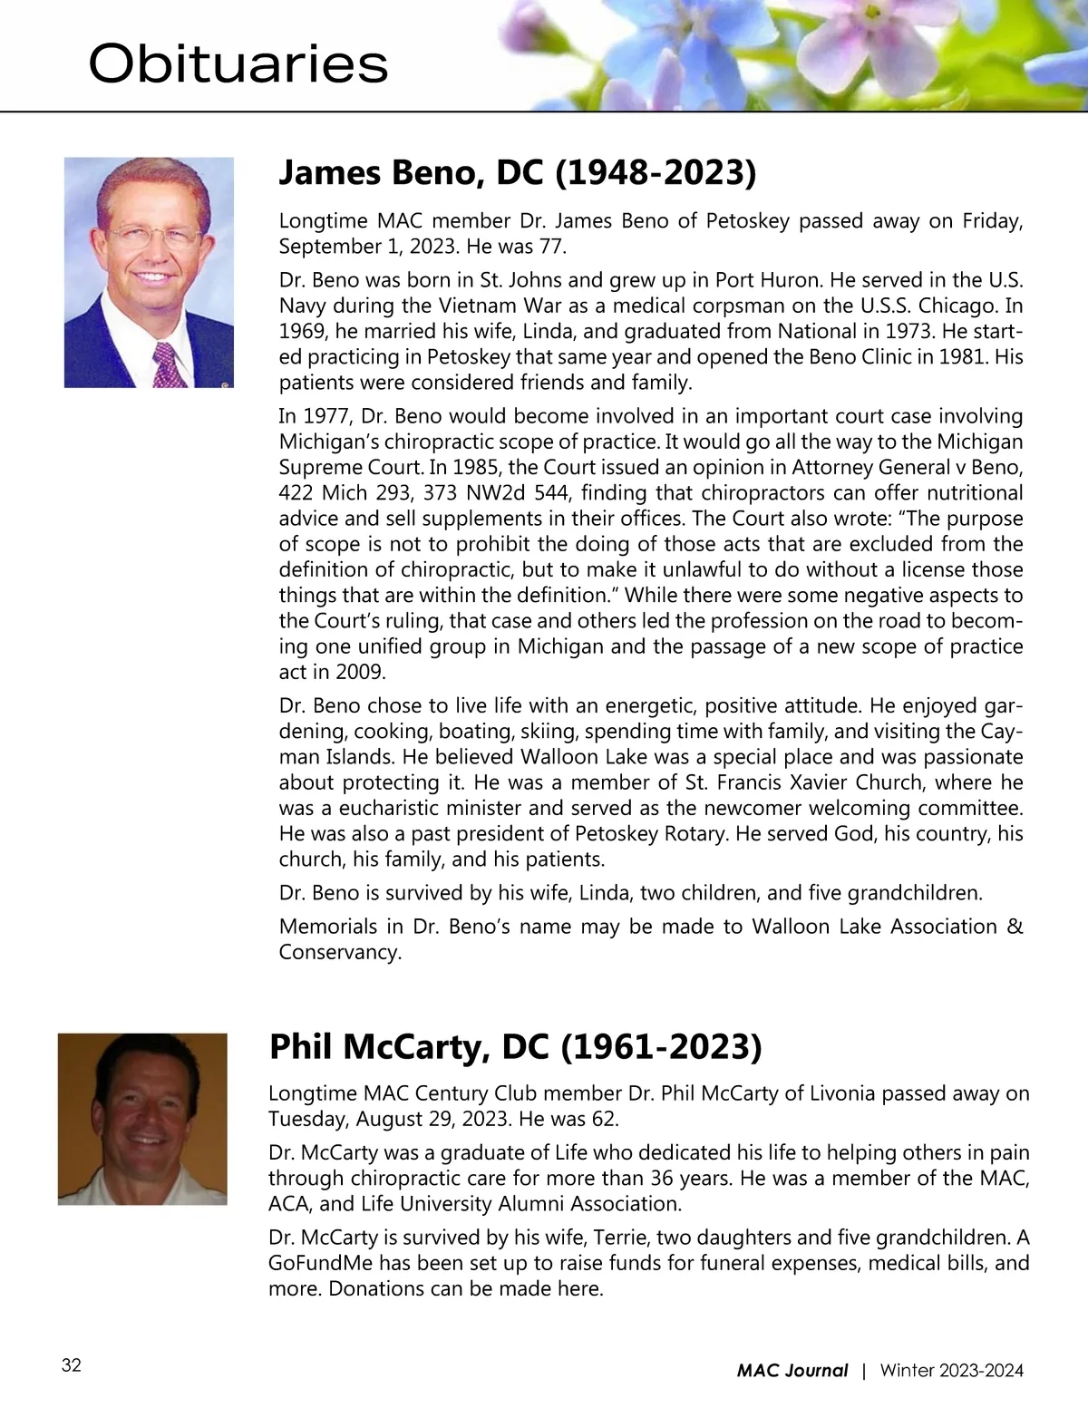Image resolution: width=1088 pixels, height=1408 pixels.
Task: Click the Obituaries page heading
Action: point(238,65)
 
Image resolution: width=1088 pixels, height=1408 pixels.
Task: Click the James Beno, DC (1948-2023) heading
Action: point(517,172)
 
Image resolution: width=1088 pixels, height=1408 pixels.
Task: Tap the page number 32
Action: point(72,1366)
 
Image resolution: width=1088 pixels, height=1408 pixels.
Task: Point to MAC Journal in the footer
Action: point(792,1371)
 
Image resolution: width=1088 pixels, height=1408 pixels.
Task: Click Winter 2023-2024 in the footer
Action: point(951,1371)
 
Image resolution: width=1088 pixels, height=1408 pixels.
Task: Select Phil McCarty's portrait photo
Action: point(142,1119)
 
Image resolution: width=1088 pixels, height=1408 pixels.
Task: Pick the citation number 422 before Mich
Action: point(296,493)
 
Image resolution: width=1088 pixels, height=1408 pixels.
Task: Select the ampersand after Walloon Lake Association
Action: point(1015,927)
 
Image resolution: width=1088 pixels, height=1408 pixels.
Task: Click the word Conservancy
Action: point(339,952)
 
